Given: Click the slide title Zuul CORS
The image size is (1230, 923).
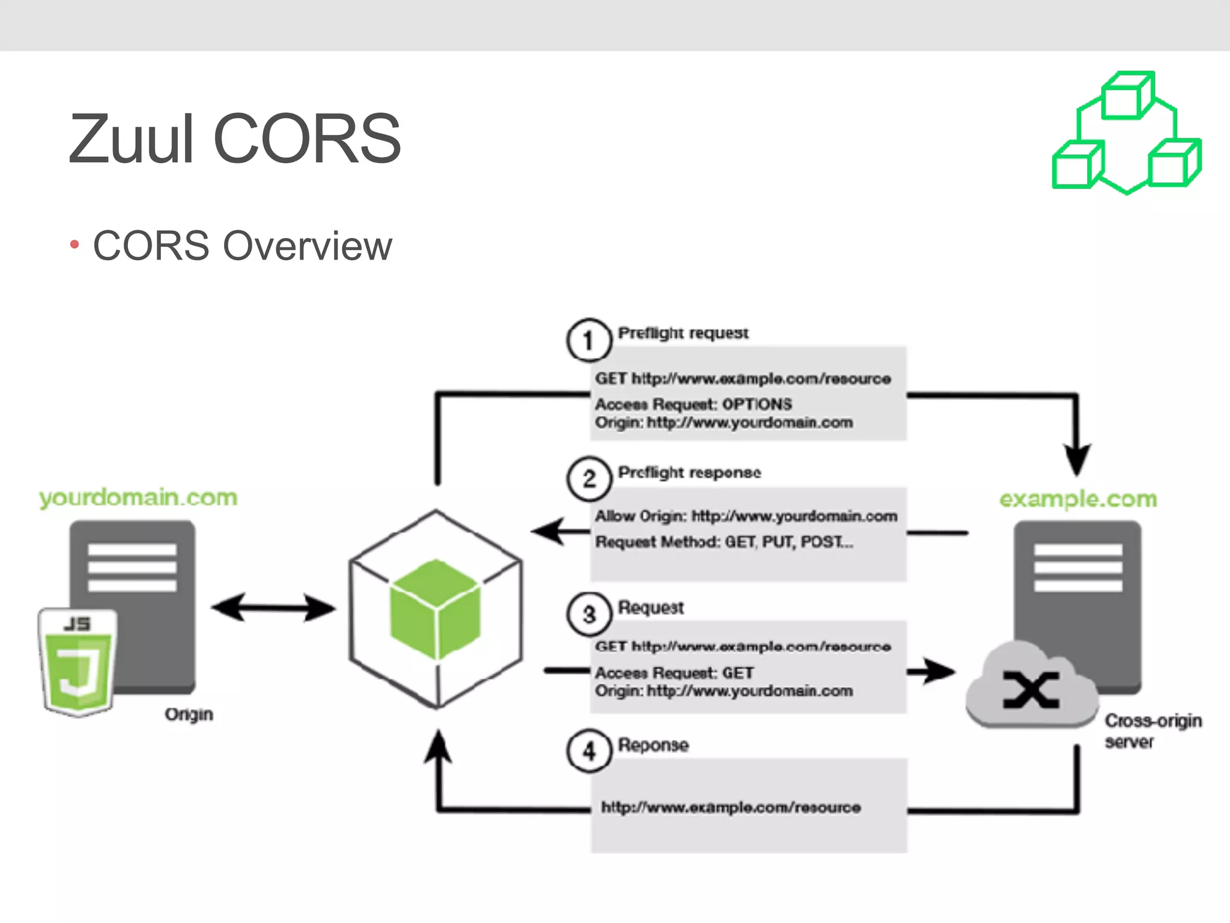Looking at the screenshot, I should coord(234,139).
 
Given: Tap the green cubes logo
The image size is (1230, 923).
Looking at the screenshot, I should coord(1126,133).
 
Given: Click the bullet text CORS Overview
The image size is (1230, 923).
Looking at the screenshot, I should coord(242,246).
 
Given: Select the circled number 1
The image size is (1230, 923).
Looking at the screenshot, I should coord(589,341).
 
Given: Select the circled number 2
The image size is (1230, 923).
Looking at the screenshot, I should coord(589,480).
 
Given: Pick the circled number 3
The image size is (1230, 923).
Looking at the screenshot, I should coord(589,615).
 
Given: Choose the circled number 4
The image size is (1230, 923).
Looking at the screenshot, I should coord(589,751).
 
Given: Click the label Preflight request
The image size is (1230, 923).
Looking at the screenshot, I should coord(683,333).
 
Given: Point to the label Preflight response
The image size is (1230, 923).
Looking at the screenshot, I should coord(689,473).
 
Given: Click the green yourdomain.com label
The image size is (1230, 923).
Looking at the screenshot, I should coord(138,498).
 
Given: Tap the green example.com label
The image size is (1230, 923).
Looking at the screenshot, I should coord(1078,499).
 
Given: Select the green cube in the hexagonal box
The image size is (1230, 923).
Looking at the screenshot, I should coord(435,608).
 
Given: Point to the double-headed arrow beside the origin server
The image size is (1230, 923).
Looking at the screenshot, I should coord(273,608).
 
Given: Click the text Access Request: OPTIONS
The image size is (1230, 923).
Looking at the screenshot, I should coord(693,404).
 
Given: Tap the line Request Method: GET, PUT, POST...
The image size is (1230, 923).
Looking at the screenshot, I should coord(723,543).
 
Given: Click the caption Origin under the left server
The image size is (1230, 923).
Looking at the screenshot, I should coord(189,714).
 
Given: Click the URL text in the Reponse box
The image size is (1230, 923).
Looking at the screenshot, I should coord(730,808).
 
